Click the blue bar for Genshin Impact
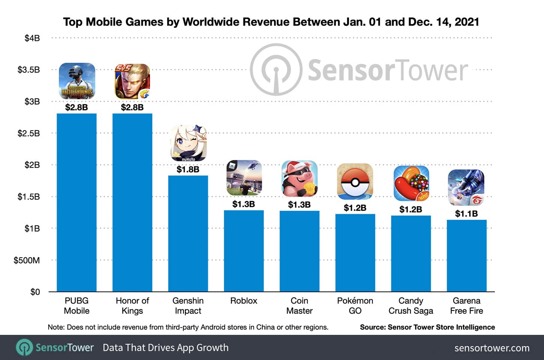click(188, 233)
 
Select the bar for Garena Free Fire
click(466, 256)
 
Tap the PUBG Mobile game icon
click(77, 81)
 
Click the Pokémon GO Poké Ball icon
click(355, 181)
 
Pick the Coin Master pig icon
click(299, 179)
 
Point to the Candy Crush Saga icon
click(411, 183)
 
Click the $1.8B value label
click(188, 169)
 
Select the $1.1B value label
click(466, 214)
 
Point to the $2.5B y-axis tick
click(29, 133)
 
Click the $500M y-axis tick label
click(27, 260)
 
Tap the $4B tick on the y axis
click(32, 38)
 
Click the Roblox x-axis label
click(244, 301)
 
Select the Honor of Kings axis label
click(132, 306)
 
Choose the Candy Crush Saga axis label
click(411, 306)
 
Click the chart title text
click(271, 22)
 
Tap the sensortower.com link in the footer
click(492, 348)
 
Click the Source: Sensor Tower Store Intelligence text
click(427, 327)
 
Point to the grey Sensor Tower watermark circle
click(276, 70)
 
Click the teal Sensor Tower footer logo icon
click(24, 348)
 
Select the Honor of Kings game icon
click(132, 81)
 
